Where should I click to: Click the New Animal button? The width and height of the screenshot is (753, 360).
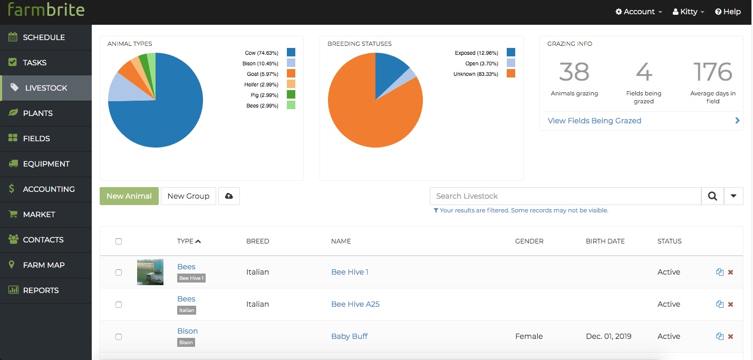coord(129,196)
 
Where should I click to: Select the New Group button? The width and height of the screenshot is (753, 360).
coord(188,196)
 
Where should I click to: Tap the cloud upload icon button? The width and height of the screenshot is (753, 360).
coord(229,196)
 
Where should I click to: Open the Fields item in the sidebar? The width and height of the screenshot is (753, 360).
coord(36,139)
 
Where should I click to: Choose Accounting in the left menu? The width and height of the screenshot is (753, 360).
coord(49,189)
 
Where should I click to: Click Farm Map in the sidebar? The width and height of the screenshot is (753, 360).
coord(44,265)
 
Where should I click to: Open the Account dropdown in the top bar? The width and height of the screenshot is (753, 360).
coord(639,12)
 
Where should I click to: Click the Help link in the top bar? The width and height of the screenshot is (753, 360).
coord(728,12)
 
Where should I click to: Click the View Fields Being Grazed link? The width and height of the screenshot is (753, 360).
coord(594,121)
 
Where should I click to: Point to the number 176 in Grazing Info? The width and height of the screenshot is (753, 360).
coord(712,72)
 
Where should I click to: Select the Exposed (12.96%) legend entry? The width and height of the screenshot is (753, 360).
coord(476,53)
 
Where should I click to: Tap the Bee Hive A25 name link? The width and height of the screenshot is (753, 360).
coord(355,304)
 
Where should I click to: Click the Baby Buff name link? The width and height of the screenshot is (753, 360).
coord(349,336)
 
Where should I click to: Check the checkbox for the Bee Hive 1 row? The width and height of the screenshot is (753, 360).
coord(119,273)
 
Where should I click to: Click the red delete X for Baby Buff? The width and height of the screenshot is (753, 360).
coord(730,336)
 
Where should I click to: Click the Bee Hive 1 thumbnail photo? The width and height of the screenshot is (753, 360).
coord(150,272)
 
